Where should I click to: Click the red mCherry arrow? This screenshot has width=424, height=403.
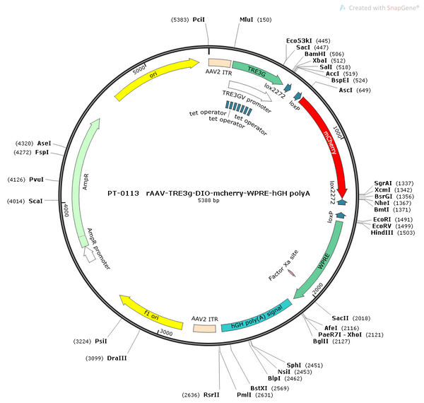[x=328, y=141]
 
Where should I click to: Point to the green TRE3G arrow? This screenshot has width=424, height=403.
[x=257, y=71]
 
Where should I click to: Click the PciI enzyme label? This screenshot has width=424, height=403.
[x=199, y=20]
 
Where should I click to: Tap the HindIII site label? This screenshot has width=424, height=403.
[x=382, y=233]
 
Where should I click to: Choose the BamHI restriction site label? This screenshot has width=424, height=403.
[x=315, y=54]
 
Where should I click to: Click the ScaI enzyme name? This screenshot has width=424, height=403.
[x=36, y=201]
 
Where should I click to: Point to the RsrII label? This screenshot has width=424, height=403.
[x=211, y=395]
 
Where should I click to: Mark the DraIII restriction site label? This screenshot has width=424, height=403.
[x=117, y=358]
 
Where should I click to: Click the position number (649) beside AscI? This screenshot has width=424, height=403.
[x=363, y=90]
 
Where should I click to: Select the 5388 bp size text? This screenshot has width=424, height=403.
[x=208, y=200]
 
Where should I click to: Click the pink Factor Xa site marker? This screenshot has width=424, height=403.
[x=291, y=273]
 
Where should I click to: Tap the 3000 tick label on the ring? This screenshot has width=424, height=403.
[x=166, y=332]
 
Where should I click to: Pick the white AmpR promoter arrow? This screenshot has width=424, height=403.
[x=89, y=255]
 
